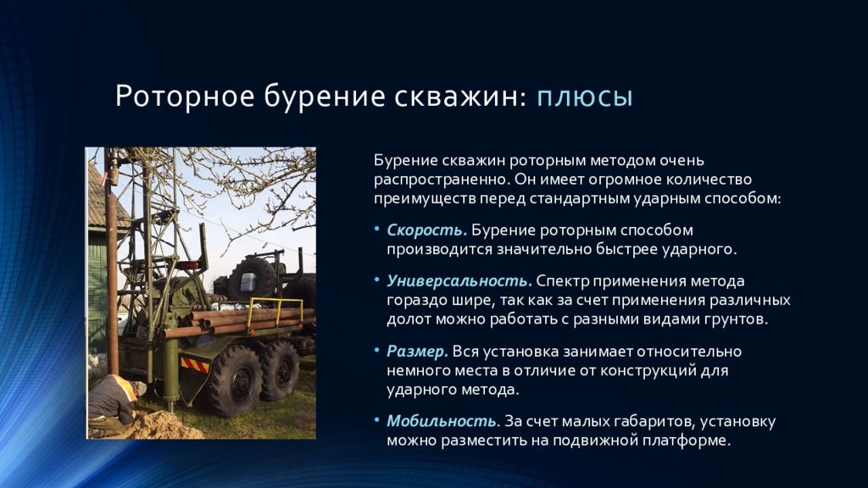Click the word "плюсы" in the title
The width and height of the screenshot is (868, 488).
coord(585,97)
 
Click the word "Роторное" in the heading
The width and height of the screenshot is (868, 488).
coord(172,97)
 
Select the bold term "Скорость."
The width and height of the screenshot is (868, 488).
coord(426,230)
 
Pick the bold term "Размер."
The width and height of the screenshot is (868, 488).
coord(417,351)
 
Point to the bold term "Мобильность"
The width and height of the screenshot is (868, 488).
coord(441,421)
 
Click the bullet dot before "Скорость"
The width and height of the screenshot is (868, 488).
coord(377,230)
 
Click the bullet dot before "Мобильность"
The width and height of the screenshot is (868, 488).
coord(377,421)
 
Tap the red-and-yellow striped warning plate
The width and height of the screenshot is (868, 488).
coord(193,364)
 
